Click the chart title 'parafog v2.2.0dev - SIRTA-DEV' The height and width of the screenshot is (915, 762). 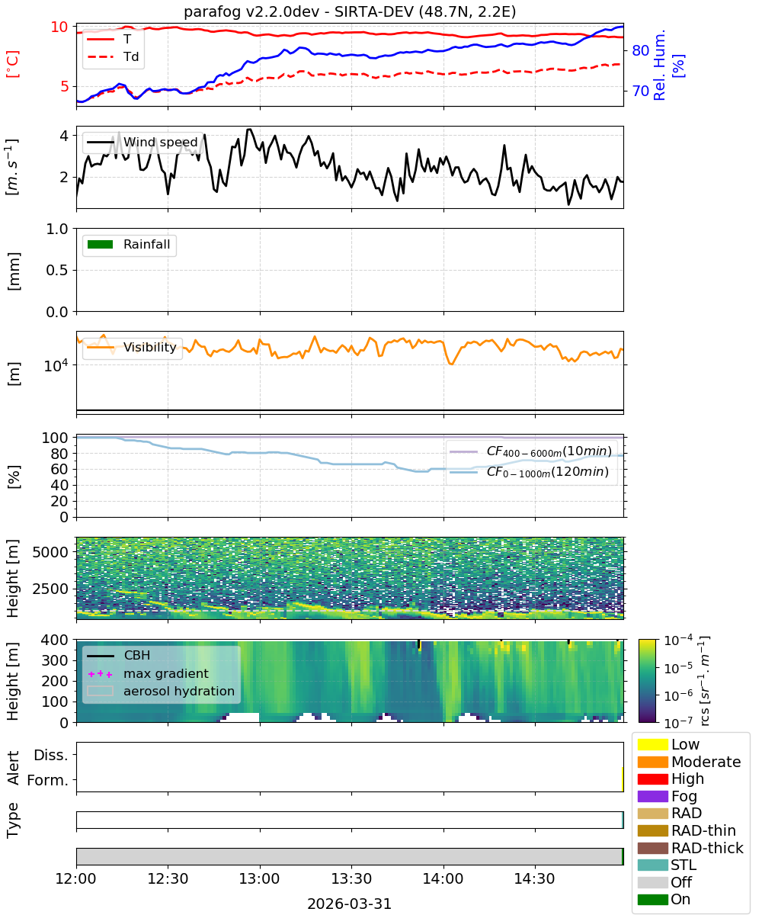pyautogui.click(x=298, y=11)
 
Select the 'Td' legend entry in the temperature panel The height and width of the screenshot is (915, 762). pyautogui.click(x=113, y=56)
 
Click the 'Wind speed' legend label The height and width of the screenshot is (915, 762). pyautogui.click(x=160, y=142)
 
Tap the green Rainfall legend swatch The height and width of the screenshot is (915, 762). pyautogui.click(x=100, y=244)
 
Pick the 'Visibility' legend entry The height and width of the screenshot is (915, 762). pyautogui.click(x=131, y=347)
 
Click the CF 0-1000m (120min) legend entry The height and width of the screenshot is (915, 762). pyautogui.click(x=530, y=472)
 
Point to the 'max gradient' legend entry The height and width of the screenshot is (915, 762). pyautogui.click(x=148, y=673)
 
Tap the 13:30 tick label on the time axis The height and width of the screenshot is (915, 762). pyautogui.click(x=351, y=878)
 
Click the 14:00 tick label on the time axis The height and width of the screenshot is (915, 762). pyautogui.click(x=443, y=878)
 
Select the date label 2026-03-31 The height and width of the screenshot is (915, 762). pyautogui.click(x=349, y=904)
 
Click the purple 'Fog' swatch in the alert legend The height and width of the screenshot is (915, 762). pyautogui.click(x=652, y=796)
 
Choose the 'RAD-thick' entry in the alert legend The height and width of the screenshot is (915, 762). pyautogui.click(x=690, y=848)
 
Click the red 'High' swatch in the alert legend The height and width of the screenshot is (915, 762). pyautogui.click(x=652, y=779)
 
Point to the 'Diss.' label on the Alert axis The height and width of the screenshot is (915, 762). pyautogui.click(x=51, y=755)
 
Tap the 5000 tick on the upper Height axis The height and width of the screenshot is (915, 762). pyautogui.click(x=50, y=552)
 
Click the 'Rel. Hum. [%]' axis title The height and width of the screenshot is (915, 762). pyautogui.click(x=668, y=65)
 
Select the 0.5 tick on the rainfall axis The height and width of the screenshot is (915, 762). pyautogui.click(x=57, y=270)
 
